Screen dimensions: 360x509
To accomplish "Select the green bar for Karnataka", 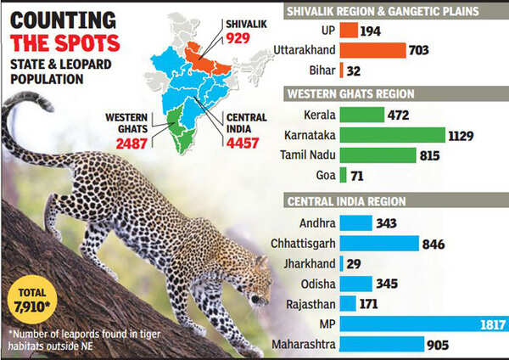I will [x=392, y=135].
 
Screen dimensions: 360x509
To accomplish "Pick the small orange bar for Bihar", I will [x=342, y=71].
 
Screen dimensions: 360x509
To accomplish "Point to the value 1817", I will [x=492, y=324].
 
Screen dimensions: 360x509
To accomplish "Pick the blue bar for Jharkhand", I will [x=341, y=263].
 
